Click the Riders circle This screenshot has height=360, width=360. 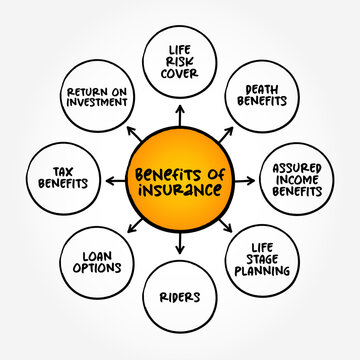pos(181,297)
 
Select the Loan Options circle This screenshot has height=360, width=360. pos(96,262)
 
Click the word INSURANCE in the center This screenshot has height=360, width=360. pos(180,190)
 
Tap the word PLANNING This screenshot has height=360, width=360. pos(265,277)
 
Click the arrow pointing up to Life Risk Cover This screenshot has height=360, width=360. pos(180,112)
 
